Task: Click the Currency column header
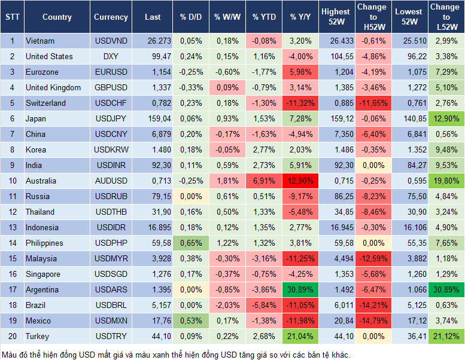(111, 17)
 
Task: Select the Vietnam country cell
(40, 41)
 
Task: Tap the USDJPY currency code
(111, 118)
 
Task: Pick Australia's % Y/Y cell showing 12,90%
(300, 181)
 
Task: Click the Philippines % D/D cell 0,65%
(190, 243)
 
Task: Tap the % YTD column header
(264, 17)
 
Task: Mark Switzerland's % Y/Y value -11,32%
(300, 103)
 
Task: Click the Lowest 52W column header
(410, 17)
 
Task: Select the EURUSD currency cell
(111, 72)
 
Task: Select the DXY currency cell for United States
(111, 56)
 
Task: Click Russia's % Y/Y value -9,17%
(300, 196)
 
